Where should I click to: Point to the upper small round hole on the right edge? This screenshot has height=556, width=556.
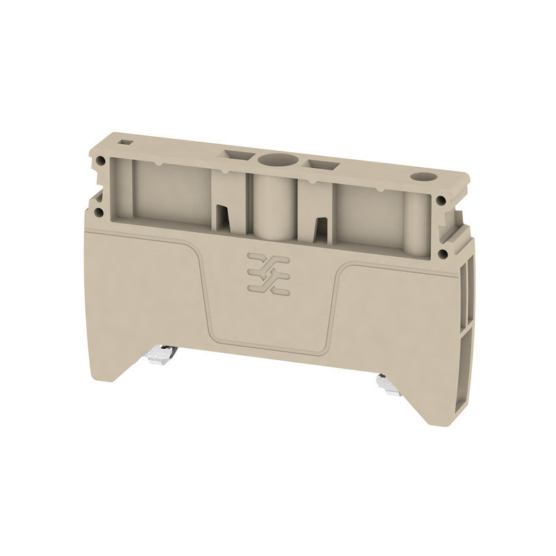441,202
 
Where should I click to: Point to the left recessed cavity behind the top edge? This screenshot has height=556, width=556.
170,191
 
